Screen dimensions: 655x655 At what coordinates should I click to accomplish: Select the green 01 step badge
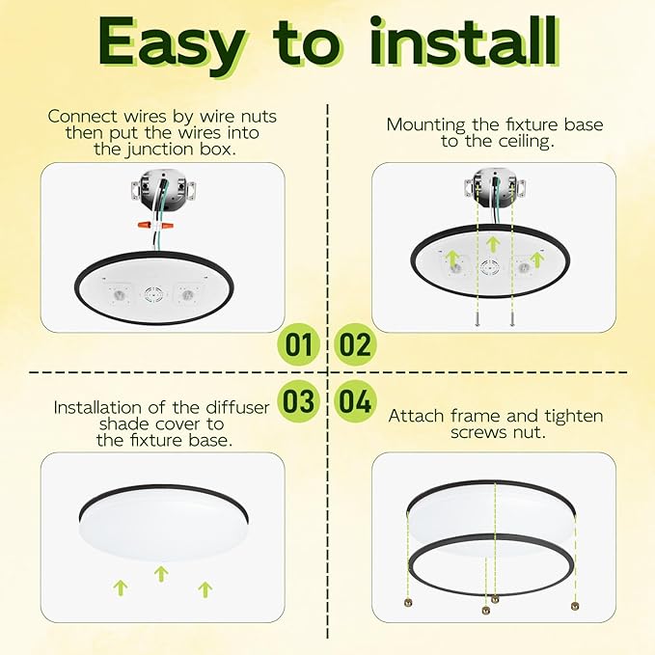(x=300, y=344)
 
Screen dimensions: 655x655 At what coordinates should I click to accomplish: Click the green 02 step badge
(x=355, y=344)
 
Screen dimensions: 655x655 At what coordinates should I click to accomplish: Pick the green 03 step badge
(x=300, y=400)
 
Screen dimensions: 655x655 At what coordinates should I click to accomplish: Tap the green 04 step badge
(x=355, y=400)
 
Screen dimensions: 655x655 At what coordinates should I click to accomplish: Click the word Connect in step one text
(x=80, y=117)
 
